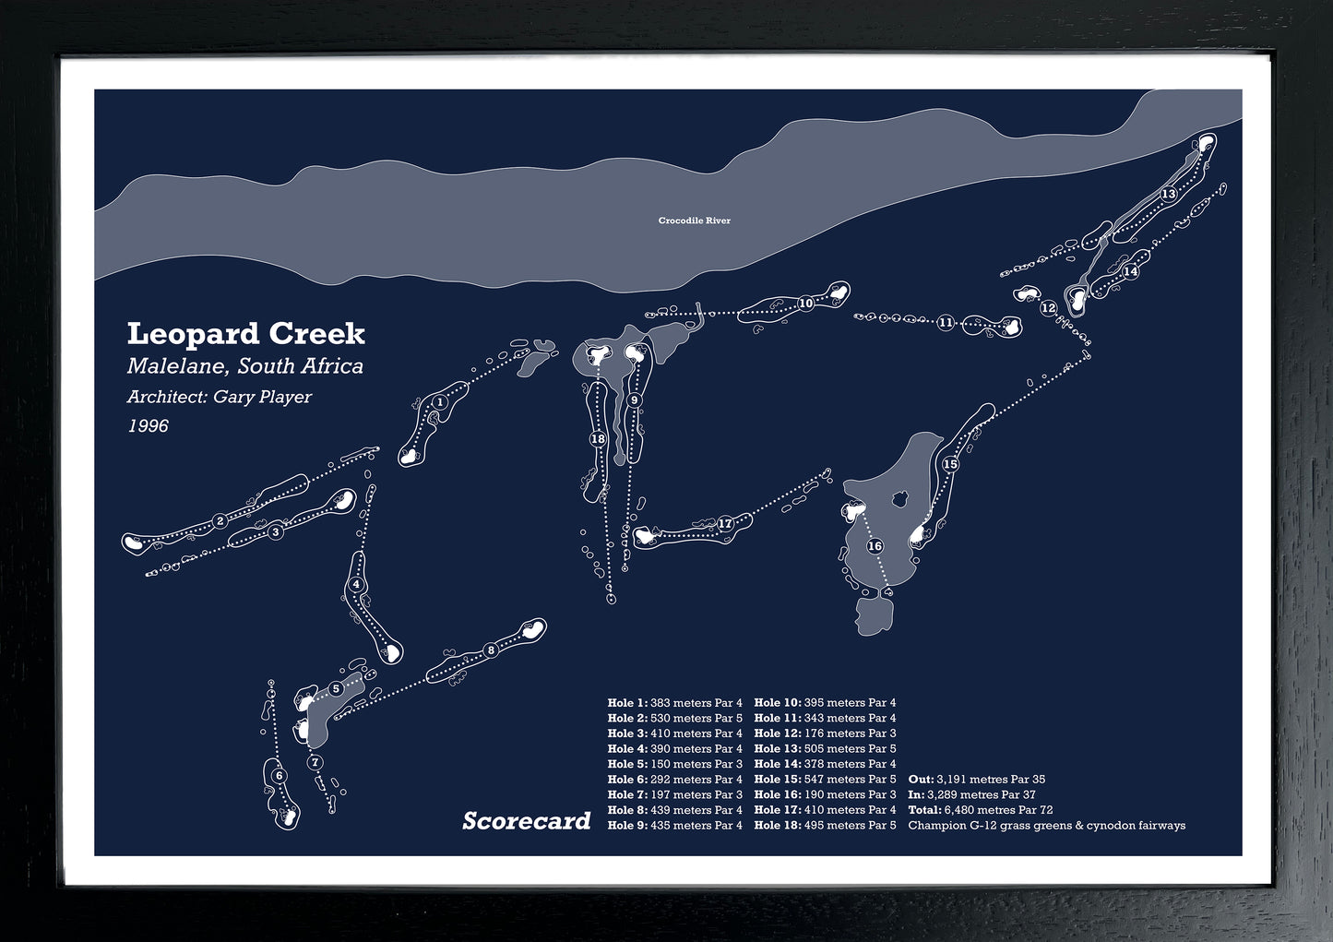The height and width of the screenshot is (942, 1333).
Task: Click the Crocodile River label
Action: point(694,221)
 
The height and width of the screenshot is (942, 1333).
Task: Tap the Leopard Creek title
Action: point(245,333)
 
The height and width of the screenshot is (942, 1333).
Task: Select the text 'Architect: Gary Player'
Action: point(220,397)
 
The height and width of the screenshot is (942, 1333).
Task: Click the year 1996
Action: point(148,426)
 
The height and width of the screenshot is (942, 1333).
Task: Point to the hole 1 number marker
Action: point(440,401)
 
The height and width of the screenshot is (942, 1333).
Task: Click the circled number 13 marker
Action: point(1168,194)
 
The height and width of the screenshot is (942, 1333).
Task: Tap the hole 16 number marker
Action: point(875,546)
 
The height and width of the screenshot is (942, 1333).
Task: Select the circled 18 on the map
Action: point(598,439)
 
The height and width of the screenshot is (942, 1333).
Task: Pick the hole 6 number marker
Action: point(279,776)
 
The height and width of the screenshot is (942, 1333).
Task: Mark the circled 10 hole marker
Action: point(805,303)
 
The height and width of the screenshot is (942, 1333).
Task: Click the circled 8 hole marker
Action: point(491,650)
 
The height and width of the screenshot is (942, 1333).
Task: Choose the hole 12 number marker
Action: point(1048,308)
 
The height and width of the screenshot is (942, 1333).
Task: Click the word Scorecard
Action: point(526,820)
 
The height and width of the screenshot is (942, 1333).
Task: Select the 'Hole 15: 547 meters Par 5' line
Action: point(825,780)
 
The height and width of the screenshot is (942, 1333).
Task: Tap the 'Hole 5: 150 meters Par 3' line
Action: point(674,764)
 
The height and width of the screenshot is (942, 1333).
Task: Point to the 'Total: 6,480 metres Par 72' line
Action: point(980,810)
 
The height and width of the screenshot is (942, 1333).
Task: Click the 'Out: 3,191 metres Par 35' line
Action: point(976,780)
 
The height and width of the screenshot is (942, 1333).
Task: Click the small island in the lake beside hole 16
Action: point(898,500)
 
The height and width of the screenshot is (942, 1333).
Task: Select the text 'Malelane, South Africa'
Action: point(244,366)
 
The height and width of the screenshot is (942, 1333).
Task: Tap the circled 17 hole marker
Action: point(725,524)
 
